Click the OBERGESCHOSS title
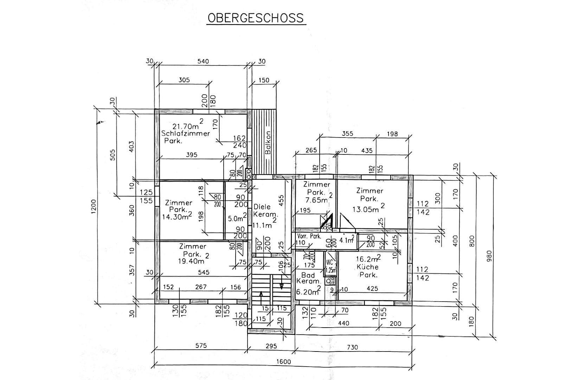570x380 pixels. [x=256, y=18]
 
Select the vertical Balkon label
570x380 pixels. [x=268, y=143]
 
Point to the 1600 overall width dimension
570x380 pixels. [x=284, y=362]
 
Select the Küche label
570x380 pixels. [x=367, y=267]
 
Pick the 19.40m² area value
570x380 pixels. [x=191, y=261]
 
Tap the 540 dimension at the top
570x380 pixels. [x=203, y=61]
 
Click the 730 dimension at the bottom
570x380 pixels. [x=352, y=347]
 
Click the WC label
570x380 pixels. [x=329, y=262]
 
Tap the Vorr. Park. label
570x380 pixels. [x=309, y=236]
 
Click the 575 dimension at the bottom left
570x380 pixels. [x=201, y=346]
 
